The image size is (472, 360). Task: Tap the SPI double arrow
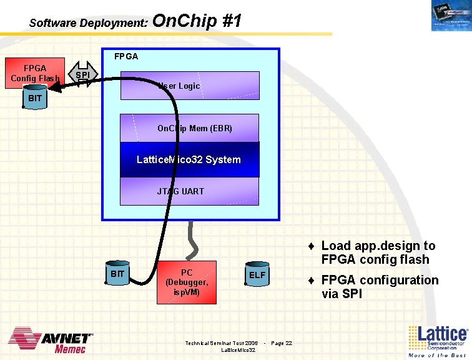coord(82,75)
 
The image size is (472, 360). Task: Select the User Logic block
coord(189,86)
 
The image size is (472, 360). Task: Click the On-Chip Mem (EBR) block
coord(189,128)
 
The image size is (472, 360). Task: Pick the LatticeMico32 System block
coord(189,159)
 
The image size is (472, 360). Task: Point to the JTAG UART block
coord(189,191)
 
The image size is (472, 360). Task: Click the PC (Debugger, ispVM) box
coord(187,282)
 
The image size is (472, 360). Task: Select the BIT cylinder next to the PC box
coord(117,275)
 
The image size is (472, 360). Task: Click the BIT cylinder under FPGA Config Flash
coord(35,99)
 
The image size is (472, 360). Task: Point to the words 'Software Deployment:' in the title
coord(88,23)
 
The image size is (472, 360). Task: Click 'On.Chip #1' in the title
coord(197,21)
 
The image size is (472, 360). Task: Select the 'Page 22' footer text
coord(282,343)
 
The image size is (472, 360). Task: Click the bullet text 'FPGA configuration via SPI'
coord(380,287)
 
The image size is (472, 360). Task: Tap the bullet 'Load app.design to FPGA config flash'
coord(378,252)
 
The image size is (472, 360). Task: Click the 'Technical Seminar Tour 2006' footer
coord(221,343)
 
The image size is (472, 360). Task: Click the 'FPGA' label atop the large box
coord(126,56)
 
